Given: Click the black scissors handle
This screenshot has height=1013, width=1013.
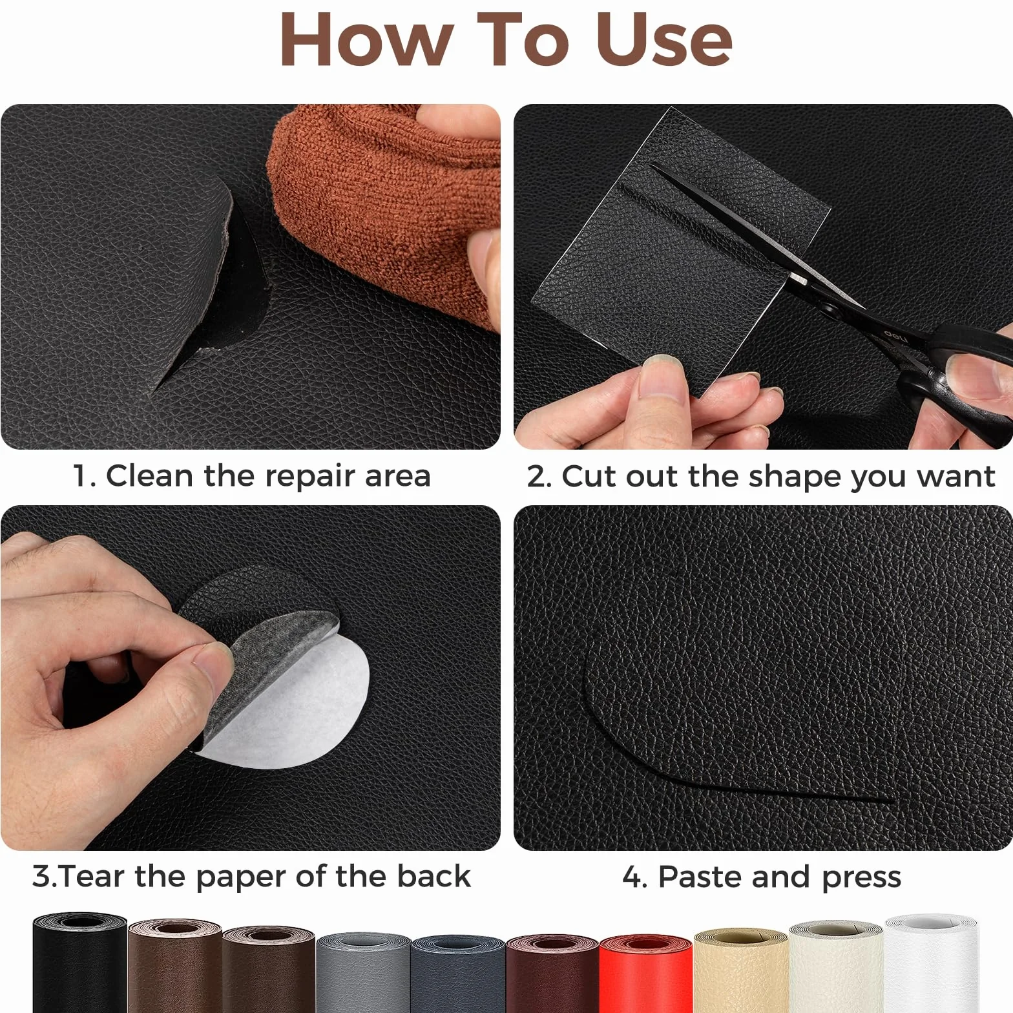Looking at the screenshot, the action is pos(956,375).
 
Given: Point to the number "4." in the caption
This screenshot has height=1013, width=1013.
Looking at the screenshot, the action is pos(634,877).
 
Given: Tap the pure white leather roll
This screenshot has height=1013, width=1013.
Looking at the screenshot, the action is pos(930,966).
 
